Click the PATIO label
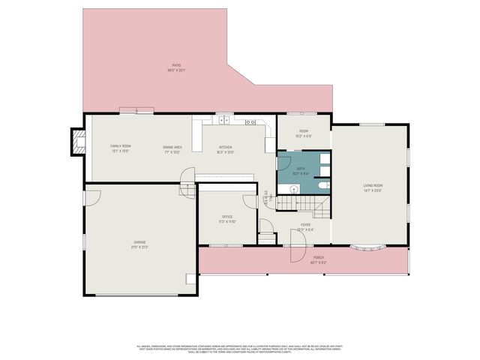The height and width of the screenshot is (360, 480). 175,65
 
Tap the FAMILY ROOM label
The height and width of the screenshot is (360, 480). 121,145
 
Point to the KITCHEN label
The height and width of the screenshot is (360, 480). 225,147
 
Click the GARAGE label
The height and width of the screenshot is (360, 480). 139,241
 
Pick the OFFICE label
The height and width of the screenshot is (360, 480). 227,217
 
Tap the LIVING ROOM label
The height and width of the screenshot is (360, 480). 373,185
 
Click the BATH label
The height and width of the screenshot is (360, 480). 300,169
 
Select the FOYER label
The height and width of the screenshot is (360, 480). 305,224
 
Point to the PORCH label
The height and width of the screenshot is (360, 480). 317,259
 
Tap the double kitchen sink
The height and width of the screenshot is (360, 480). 223,120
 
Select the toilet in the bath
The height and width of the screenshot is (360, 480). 322,185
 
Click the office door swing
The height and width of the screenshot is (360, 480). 249,201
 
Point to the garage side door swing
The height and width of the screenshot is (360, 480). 91,196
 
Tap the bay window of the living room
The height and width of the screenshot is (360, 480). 368,246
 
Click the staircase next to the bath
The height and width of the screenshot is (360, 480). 300,202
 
